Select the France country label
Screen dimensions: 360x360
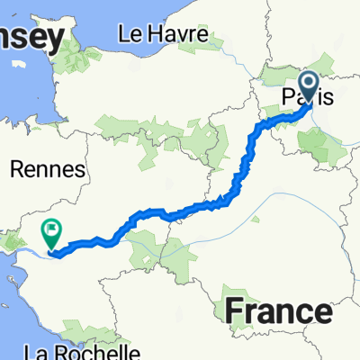coord(275,310)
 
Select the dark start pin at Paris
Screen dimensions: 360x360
coord(308,87)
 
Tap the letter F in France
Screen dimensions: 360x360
coord(231,310)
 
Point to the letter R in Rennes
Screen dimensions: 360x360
coord(16,169)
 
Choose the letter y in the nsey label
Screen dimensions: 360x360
coord(56,42)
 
